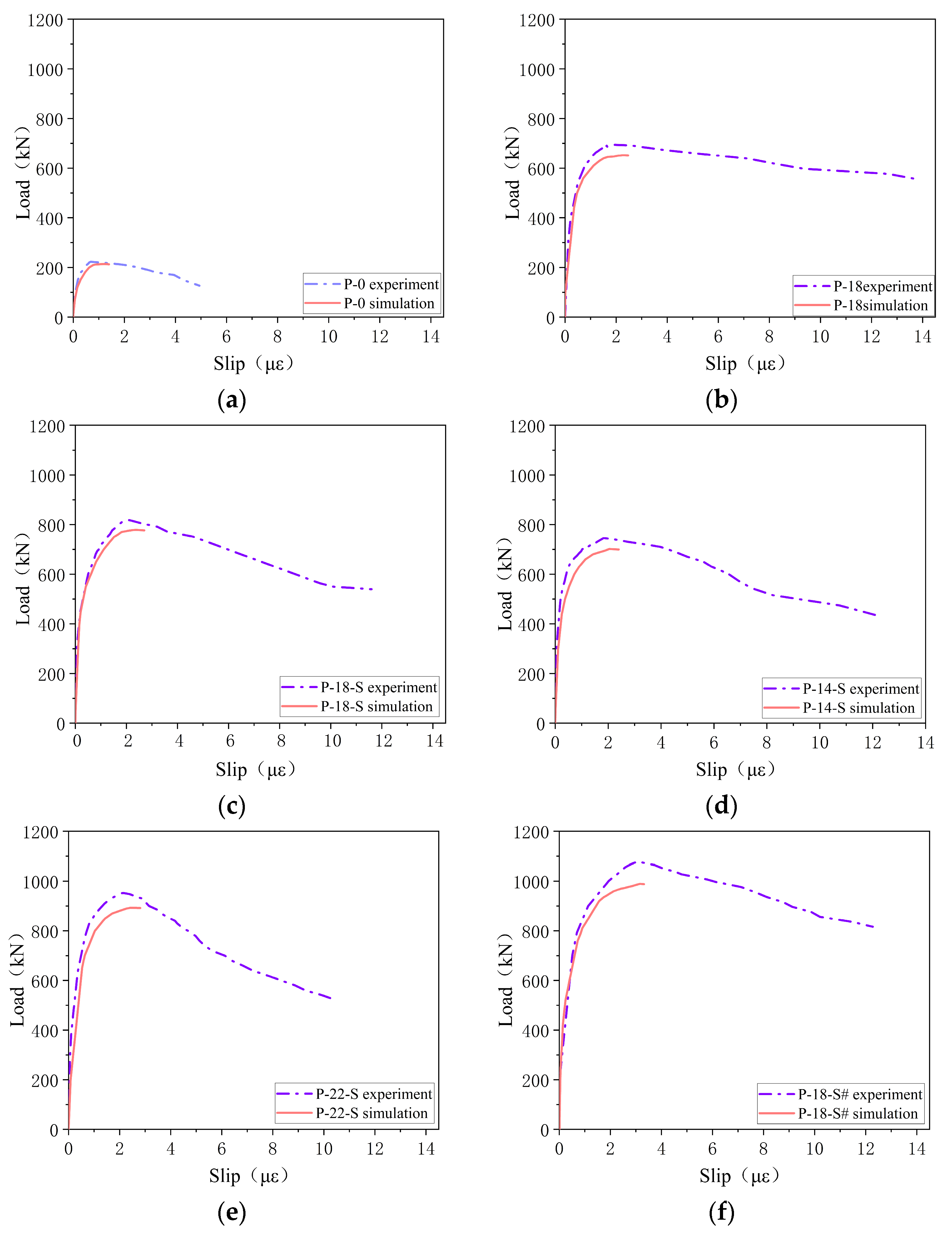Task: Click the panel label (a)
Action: (232, 400)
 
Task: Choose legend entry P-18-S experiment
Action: (378, 687)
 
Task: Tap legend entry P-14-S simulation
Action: (858, 708)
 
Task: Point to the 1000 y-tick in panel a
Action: (45, 70)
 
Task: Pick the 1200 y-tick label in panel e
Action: (41, 832)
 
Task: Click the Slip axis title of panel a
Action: (253, 364)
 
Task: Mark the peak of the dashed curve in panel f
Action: (637, 861)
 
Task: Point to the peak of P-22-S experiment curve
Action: (122, 893)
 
